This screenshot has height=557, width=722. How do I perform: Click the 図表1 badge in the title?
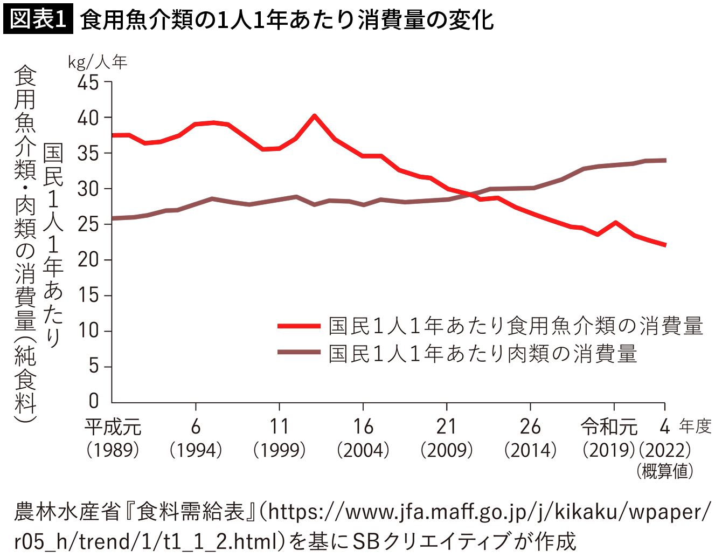click(38, 19)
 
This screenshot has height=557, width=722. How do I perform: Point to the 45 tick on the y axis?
click(88, 82)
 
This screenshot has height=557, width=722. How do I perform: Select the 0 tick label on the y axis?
click(94, 401)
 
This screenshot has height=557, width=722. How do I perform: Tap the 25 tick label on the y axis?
click(88, 225)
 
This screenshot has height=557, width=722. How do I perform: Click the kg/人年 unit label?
click(98, 62)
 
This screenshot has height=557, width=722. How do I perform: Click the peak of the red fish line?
click(314, 116)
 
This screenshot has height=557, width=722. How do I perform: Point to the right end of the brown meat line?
click(665, 161)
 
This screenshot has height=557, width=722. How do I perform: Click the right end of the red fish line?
click(665, 245)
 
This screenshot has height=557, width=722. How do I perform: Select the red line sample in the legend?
click(298, 326)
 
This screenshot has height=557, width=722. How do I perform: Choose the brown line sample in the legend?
click(298, 352)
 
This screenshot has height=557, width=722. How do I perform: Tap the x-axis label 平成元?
click(113, 427)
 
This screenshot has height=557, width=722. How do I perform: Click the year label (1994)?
click(196, 450)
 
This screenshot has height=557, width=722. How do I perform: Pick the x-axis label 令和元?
click(609, 427)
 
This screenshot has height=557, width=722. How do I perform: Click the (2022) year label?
click(665, 450)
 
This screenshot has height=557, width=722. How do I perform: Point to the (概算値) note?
click(665, 471)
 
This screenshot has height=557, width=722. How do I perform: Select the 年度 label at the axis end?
click(695, 427)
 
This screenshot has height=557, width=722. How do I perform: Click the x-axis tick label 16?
click(363, 427)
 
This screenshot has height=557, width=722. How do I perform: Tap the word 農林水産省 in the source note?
click(67, 512)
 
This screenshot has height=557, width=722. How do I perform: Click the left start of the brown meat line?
click(113, 219)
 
